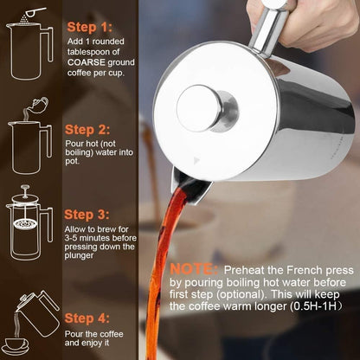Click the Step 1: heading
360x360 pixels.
click(89, 28)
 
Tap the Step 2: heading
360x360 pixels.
click(89, 130)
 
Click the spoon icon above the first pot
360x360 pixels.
click(35, 11)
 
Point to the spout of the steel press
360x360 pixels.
click(190, 186)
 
